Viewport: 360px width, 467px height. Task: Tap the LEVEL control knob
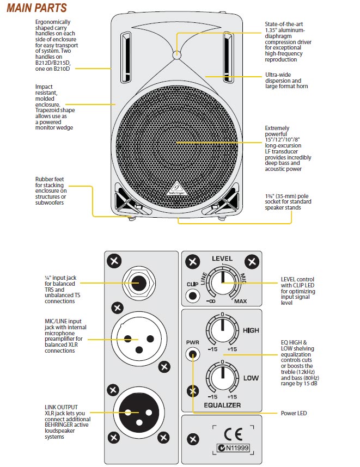[222, 282]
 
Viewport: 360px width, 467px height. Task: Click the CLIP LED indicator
[192, 296]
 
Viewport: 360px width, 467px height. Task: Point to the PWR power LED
[192, 355]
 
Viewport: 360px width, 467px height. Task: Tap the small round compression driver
[176, 54]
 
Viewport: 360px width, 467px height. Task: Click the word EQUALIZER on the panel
[222, 405]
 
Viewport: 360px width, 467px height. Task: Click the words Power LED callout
[294, 413]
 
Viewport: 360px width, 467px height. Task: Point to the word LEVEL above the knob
[222, 259]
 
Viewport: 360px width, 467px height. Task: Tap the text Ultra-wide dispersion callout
[286, 80]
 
